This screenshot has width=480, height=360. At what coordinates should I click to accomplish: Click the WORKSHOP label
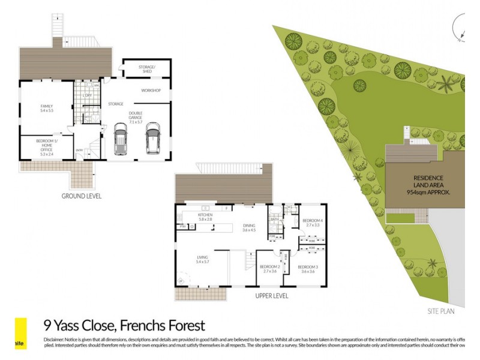[x=151, y=91]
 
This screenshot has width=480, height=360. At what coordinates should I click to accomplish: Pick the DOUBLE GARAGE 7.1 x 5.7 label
[x=136, y=117]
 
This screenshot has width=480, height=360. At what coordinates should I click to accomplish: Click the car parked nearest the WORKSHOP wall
[x=152, y=138]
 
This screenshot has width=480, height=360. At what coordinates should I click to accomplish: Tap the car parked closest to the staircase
[x=121, y=139]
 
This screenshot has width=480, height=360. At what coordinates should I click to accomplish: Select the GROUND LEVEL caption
[x=82, y=196]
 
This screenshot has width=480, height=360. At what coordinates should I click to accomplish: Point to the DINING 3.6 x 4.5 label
[x=248, y=227]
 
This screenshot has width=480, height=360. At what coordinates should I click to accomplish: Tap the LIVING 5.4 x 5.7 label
[x=202, y=260]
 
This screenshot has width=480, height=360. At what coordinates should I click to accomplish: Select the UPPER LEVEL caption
[x=271, y=296]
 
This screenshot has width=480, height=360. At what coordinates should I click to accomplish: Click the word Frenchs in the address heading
[x=141, y=326]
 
